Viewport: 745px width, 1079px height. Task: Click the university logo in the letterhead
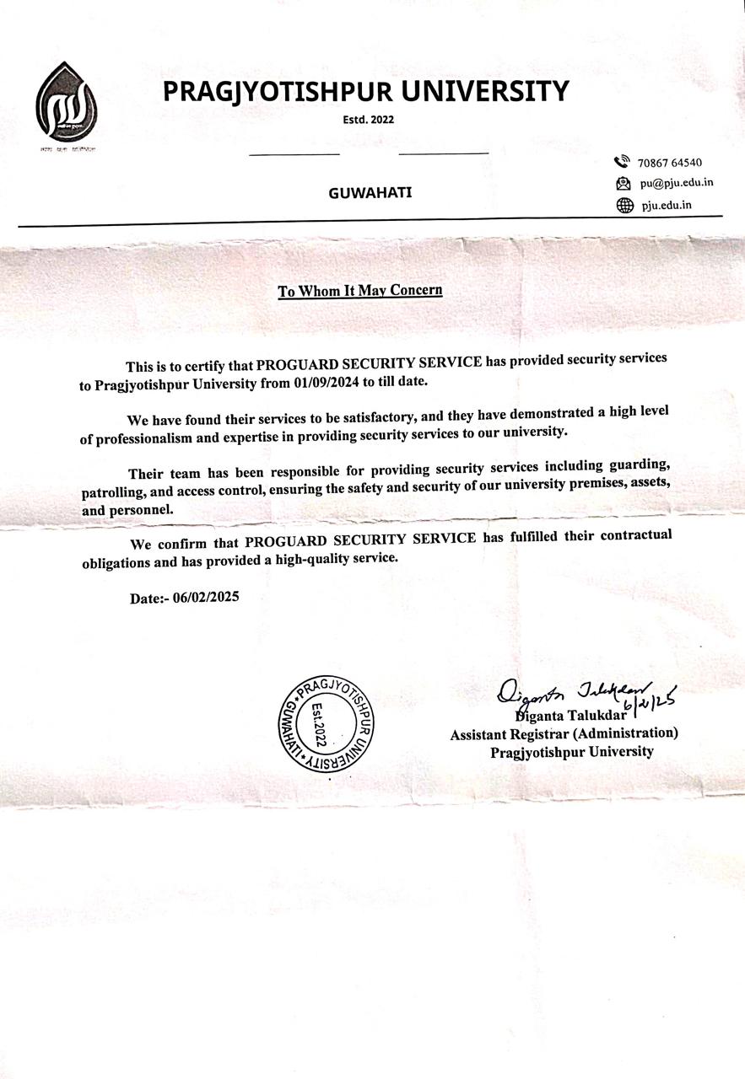[x=66, y=102]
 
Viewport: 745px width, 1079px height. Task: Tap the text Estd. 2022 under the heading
[x=369, y=119]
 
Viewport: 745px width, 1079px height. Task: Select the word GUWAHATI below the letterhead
[x=370, y=192]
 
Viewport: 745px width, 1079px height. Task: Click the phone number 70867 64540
[x=671, y=163]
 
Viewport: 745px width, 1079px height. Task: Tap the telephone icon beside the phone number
[x=623, y=162]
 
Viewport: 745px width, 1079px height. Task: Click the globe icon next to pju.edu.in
[x=624, y=205]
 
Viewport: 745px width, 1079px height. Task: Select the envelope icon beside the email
[x=624, y=183]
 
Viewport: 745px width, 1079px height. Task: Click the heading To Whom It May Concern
[x=360, y=291]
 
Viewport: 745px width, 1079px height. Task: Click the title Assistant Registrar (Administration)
[x=564, y=733]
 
